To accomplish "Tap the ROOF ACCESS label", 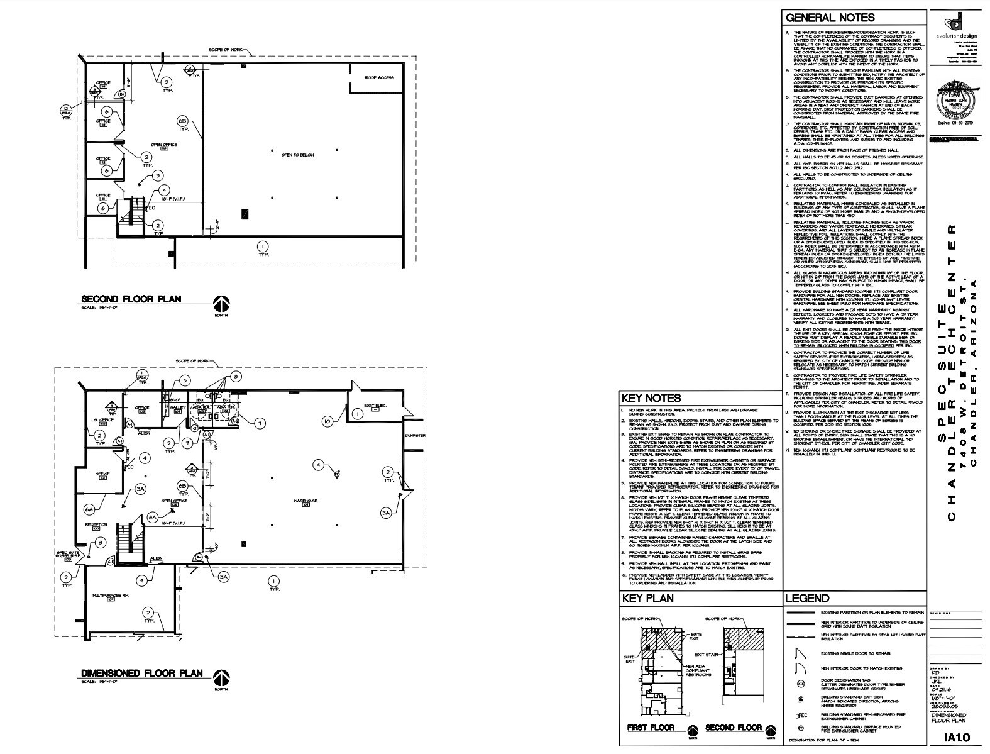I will (380, 77).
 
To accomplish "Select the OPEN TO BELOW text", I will (297, 155).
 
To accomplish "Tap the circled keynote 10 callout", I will (327, 421).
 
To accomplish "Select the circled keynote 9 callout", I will (143, 580).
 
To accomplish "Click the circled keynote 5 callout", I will (184, 380).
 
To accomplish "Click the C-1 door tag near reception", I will (109, 561).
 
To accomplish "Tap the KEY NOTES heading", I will (651, 398).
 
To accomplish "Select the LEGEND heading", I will (807, 598).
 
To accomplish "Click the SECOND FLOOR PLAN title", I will (131, 299).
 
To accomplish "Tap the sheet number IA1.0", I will (957, 737).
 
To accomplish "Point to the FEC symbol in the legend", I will (800, 715).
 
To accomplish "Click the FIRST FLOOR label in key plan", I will (651, 728).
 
